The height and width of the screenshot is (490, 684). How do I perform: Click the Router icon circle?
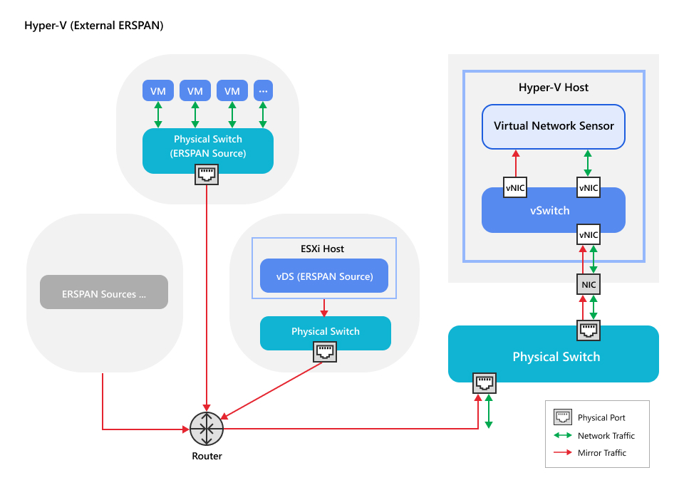click(x=207, y=429)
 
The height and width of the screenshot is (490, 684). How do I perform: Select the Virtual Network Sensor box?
click(x=554, y=127)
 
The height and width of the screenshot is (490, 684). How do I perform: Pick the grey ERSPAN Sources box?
click(x=104, y=292)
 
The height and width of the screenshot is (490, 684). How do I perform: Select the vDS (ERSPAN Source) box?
click(x=325, y=276)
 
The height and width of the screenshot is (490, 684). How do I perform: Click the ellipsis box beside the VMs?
click(x=263, y=90)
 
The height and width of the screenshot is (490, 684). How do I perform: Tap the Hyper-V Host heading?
click(x=554, y=88)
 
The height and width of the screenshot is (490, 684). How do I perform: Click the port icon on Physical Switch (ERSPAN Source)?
click(x=207, y=174)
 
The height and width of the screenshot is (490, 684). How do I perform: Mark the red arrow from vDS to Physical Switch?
click(x=325, y=307)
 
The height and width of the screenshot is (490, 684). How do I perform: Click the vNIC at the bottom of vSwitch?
click(x=589, y=234)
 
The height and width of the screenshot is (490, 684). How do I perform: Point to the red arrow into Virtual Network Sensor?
click(x=514, y=163)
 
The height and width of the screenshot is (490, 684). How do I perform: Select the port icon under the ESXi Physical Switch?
click(x=325, y=350)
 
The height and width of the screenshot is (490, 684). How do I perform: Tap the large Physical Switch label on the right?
click(x=556, y=357)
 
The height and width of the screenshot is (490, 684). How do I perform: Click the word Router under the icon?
click(x=207, y=456)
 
